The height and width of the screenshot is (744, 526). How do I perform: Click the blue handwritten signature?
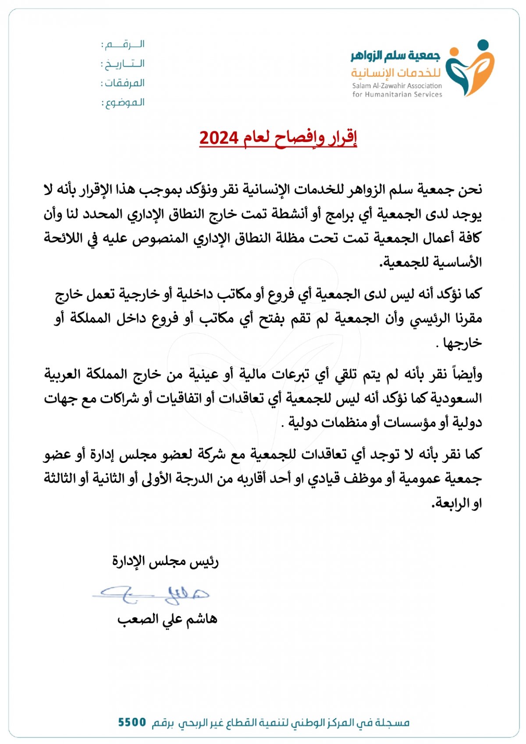click(151, 594)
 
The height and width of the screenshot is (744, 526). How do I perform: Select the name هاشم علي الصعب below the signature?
click(167, 619)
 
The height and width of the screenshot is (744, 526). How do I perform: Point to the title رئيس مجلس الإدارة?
click(165, 562)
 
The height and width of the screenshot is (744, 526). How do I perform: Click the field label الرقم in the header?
click(125, 44)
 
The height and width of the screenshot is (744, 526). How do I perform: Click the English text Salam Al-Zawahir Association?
click(397, 86)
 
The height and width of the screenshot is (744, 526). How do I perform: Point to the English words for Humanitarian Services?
click(397, 94)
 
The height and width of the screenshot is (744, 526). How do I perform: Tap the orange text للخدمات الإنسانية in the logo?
click(395, 72)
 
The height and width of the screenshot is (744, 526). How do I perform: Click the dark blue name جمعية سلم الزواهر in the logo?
click(395, 56)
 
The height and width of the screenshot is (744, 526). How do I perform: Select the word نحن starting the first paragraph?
click(470, 190)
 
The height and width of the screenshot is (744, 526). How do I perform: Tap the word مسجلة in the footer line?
click(393, 722)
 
